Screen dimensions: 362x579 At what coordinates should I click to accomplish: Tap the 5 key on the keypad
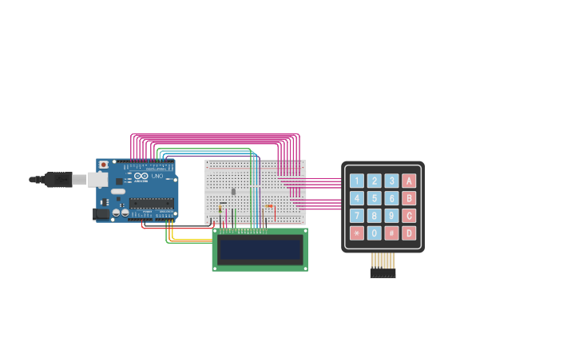(374, 198)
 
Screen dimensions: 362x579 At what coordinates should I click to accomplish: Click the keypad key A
(409, 181)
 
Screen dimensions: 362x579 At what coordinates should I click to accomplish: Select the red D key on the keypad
(409, 233)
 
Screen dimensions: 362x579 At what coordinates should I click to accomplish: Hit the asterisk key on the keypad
(356, 233)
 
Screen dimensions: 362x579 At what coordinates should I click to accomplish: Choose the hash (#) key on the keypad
(391, 233)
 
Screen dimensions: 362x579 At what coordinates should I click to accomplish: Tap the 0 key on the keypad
(374, 233)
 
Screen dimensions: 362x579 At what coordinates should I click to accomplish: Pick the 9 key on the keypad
(391, 216)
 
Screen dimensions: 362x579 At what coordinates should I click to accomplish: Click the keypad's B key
(409, 198)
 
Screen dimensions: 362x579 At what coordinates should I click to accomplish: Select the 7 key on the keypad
(356, 216)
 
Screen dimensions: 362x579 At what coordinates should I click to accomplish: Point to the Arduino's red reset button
(103, 165)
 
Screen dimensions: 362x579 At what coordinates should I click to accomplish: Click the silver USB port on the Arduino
(98, 180)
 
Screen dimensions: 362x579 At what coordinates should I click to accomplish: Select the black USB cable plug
(58, 180)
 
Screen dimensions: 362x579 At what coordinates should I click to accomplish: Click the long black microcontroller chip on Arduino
(151, 203)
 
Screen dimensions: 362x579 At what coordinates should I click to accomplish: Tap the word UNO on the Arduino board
(157, 176)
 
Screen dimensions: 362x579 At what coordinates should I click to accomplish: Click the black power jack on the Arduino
(101, 213)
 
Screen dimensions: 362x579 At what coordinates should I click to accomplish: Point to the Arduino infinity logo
(141, 176)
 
